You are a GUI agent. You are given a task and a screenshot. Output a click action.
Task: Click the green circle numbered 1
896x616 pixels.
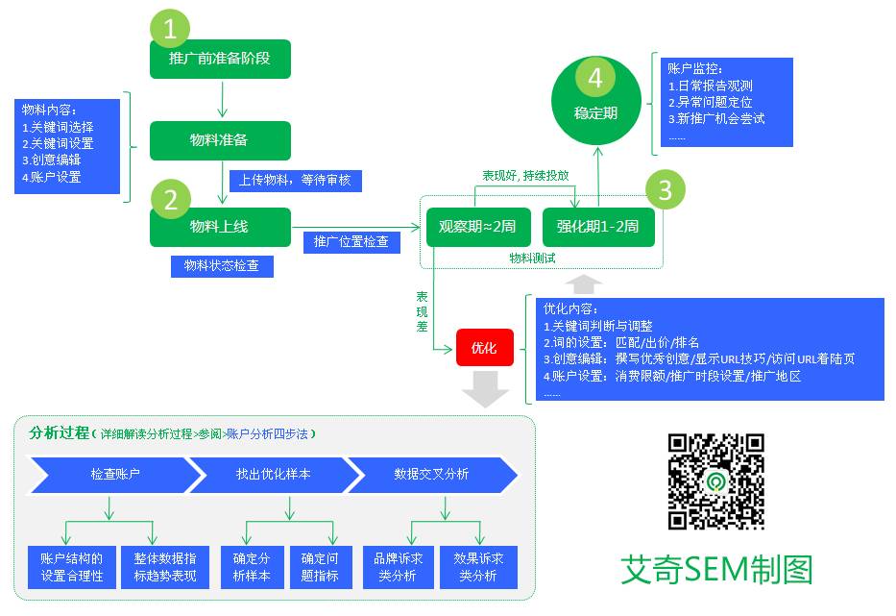171,30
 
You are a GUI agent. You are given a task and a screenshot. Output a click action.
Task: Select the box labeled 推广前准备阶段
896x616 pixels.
220,59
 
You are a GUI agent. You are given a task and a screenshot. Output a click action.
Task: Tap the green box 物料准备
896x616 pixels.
220,140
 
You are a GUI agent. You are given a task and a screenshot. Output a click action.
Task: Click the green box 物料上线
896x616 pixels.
220,227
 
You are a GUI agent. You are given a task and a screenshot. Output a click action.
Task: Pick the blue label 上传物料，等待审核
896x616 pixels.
296,181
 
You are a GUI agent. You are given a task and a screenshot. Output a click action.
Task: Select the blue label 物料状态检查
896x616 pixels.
222,265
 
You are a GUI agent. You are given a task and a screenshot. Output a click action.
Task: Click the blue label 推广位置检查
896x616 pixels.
351,241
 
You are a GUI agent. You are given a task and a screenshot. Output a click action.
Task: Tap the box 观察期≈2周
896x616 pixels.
477,227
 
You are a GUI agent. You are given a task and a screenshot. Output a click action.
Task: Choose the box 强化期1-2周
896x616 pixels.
598,227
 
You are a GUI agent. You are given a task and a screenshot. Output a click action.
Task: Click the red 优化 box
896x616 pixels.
485,348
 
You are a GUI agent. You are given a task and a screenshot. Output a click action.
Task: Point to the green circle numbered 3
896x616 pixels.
666,190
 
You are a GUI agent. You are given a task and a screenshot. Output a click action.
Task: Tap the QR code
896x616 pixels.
716,480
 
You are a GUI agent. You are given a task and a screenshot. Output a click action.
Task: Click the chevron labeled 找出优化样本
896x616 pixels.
273,475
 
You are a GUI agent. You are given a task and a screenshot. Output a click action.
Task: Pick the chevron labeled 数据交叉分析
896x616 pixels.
432,475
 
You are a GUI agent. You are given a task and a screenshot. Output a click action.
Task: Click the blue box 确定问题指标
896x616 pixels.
320,567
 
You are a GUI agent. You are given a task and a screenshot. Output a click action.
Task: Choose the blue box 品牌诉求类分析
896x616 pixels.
399,567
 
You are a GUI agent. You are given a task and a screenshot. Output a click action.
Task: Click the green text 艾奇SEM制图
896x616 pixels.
716,569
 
